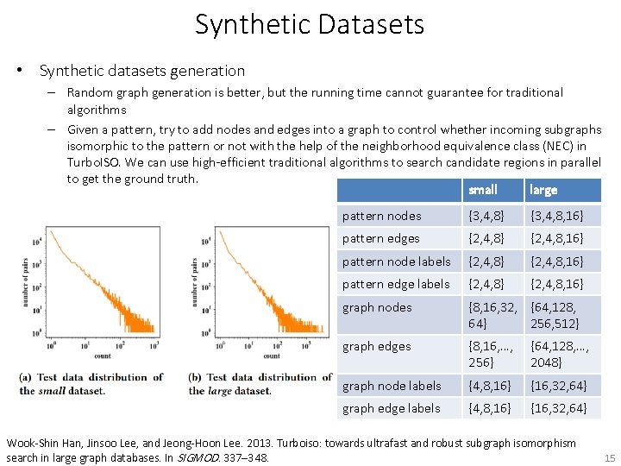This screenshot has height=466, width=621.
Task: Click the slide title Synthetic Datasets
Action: (310, 24)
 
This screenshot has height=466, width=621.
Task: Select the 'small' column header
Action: (482, 190)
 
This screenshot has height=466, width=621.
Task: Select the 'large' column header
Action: (543, 190)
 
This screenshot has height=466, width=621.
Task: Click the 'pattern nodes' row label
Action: (382, 216)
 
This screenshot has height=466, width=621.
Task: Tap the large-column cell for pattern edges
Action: (557, 238)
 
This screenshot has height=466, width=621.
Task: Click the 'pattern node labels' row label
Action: (397, 261)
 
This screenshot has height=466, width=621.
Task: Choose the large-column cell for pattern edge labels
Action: (557, 284)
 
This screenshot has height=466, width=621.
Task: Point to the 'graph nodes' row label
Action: (377, 307)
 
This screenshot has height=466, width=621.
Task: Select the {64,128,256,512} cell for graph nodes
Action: (555, 315)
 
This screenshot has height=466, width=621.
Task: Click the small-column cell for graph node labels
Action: (488, 386)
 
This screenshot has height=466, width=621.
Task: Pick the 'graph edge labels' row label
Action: (392, 408)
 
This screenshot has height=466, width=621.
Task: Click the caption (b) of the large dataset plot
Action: (260, 383)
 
